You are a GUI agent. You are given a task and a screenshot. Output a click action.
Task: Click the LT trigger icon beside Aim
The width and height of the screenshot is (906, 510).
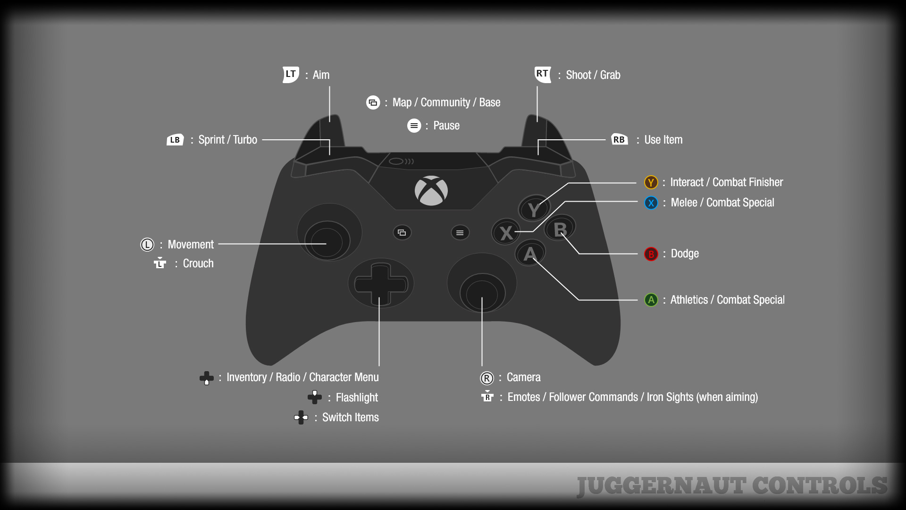click(291, 74)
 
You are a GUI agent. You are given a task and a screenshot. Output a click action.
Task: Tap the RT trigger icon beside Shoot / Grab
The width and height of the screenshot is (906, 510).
click(543, 74)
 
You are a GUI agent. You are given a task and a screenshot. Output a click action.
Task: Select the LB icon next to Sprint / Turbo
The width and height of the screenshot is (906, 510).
click(175, 140)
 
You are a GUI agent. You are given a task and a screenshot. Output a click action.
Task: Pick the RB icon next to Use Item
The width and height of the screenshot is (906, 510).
click(619, 139)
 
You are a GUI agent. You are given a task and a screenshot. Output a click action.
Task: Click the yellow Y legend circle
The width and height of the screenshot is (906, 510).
click(651, 182)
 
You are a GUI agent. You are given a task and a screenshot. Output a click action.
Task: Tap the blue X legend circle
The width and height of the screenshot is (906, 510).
click(651, 203)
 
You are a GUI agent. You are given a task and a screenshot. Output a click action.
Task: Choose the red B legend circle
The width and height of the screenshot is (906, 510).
click(651, 254)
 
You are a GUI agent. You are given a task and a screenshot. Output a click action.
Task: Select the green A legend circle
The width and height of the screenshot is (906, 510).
click(651, 300)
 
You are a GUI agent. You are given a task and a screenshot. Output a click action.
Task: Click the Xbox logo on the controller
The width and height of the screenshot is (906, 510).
click(431, 191)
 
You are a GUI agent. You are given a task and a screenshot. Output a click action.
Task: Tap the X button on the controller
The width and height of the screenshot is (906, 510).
click(506, 232)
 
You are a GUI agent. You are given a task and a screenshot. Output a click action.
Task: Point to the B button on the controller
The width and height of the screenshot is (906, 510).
click(560, 229)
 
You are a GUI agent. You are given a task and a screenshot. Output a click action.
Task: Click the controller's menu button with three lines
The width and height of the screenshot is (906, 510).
click(460, 232)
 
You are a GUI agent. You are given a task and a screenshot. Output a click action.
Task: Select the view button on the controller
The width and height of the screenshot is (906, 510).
click(402, 232)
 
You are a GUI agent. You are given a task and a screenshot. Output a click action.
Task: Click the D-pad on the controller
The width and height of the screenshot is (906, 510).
click(380, 284)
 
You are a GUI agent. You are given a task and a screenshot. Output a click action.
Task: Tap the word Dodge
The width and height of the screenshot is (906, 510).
click(685, 254)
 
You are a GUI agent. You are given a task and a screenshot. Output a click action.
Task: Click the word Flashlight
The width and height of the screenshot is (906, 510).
click(357, 398)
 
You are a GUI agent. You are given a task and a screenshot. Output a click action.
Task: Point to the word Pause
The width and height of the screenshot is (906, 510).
click(446, 126)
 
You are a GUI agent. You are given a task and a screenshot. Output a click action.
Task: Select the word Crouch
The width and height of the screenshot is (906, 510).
click(198, 263)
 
